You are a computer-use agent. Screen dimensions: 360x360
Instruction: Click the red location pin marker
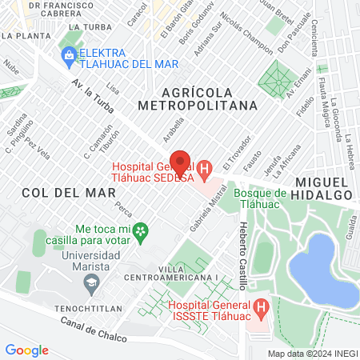(181, 162)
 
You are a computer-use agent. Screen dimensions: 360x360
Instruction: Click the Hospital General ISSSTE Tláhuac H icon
(261, 306)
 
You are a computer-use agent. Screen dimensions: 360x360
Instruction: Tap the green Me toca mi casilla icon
(141, 231)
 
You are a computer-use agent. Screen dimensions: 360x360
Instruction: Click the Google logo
(27, 350)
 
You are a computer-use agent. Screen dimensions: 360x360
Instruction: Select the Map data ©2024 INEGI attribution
(313, 353)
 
